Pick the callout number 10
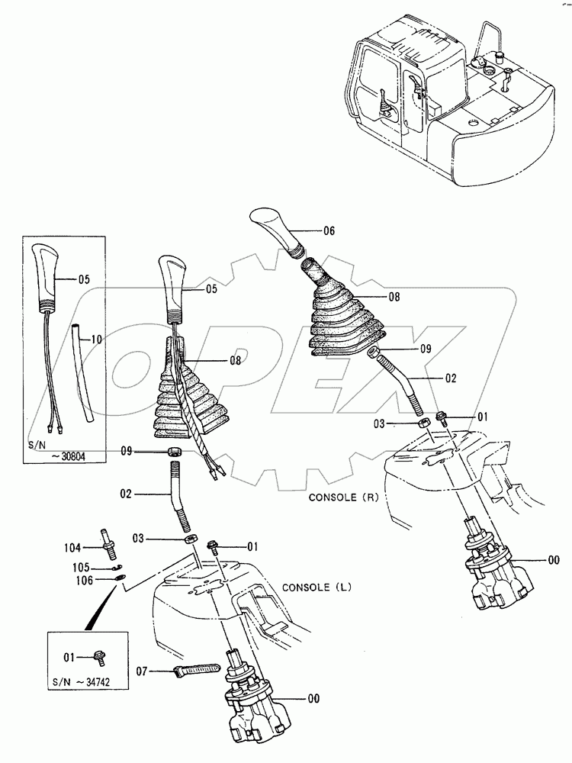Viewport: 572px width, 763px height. point(95,337)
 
